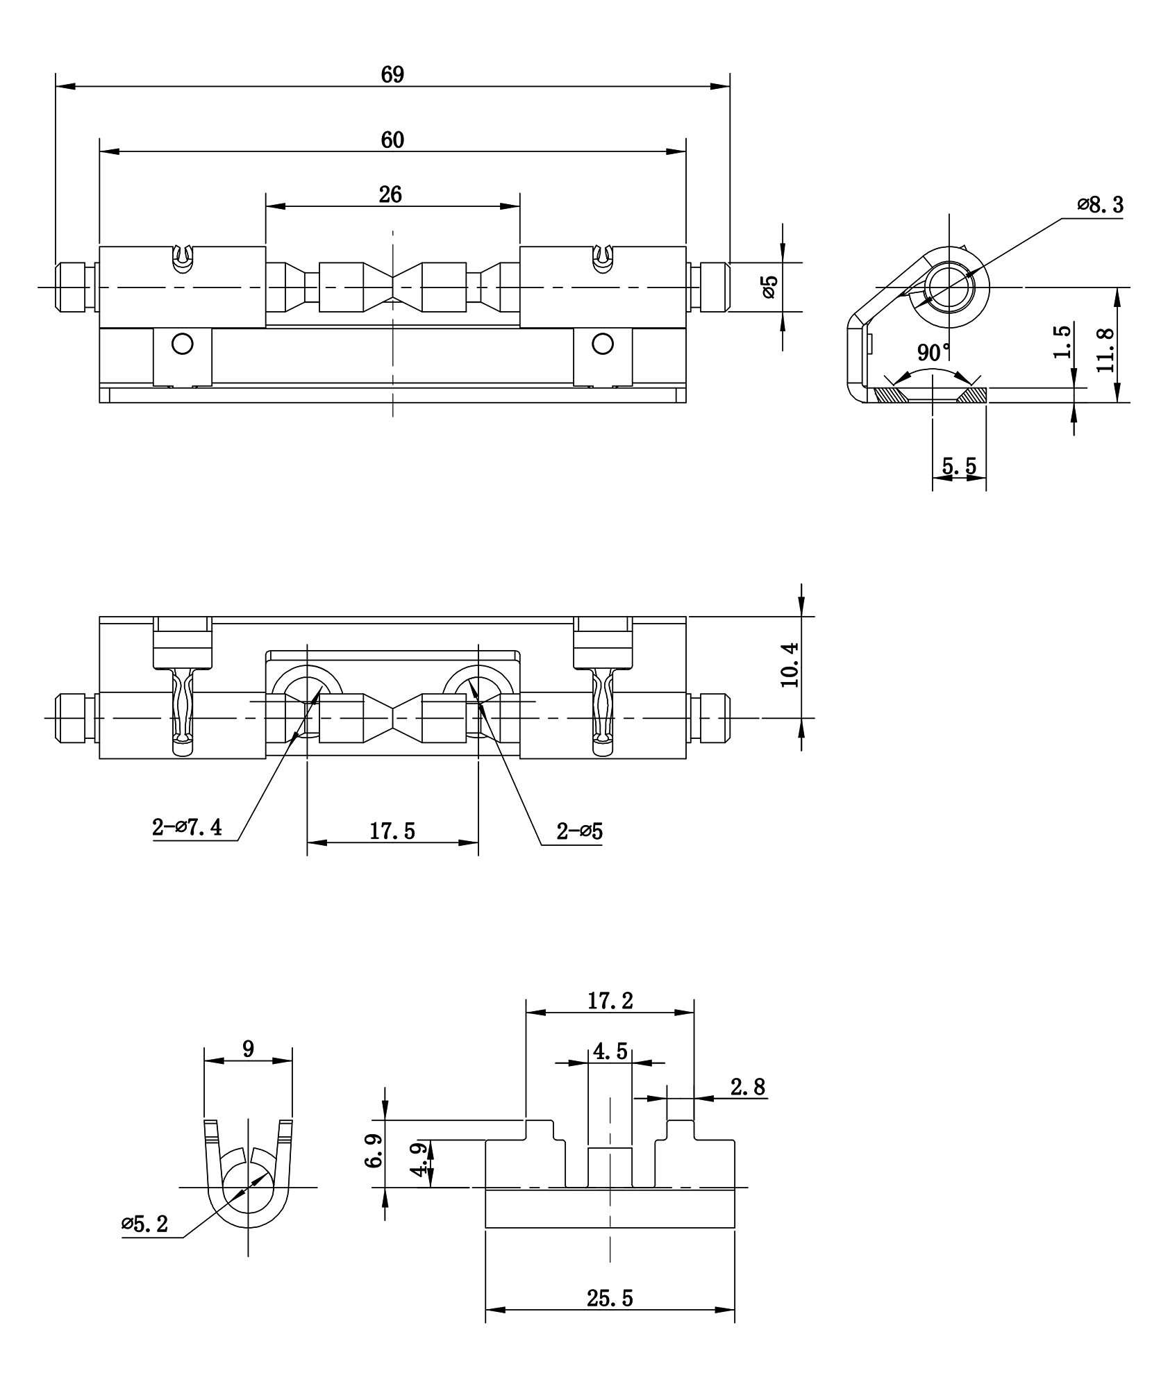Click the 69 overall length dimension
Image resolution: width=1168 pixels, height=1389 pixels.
click(x=392, y=74)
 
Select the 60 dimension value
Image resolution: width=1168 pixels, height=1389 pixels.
click(x=392, y=140)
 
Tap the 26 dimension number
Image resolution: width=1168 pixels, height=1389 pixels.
click(x=390, y=194)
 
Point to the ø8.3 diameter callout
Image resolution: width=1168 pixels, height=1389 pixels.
click(x=1100, y=205)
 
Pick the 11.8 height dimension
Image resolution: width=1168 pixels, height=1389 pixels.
click(x=1106, y=349)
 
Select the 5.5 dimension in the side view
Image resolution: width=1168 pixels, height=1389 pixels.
click(x=959, y=466)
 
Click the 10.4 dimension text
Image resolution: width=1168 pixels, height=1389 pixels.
click(x=790, y=665)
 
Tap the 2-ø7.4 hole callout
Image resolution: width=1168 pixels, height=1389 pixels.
click(x=187, y=827)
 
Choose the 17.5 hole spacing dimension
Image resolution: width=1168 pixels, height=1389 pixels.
click(x=392, y=831)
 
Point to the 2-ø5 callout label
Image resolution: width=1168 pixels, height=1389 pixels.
click(x=579, y=831)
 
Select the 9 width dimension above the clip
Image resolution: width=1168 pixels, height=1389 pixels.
click(x=248, y=1049)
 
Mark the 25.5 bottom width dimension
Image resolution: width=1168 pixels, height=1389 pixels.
click(x=610, y=1297)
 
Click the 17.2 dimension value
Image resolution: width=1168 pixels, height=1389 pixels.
click(x=610, y=1001)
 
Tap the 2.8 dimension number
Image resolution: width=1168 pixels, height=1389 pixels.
click(x=749, y=1087)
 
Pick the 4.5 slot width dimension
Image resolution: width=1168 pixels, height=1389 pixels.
click(x=610, y=1051)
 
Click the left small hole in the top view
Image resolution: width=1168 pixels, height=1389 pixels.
click(x=183, y=344)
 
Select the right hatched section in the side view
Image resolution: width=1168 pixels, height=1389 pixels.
click(x=971, y=395)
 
